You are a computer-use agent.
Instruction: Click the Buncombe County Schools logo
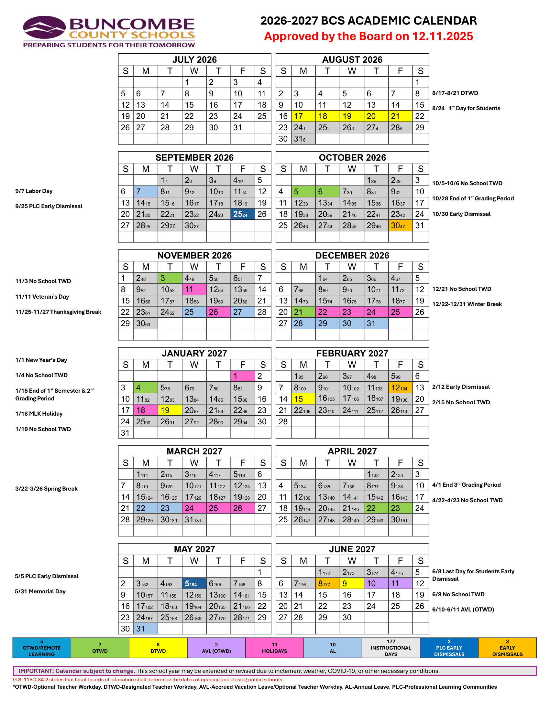pyautogui.click(x=109, y=32)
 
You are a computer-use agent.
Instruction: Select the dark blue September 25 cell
pyautogui.click(x=242, y=214)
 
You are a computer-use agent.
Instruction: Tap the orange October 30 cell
pyautogui.click(x=400, y=225)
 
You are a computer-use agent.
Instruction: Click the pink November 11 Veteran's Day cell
pyautogui.click(x=194, y=290)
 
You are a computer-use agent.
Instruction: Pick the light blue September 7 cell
pyautogui.click(x=145, y=191)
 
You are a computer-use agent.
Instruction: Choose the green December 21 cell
pyautogui.click(x=303, y=312)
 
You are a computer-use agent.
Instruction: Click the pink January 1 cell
pyautogui.click(x=242, y=376)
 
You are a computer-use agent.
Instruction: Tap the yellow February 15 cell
pyautogui.click(x=303, y=399)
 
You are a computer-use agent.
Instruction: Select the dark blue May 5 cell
pyautogui.click(x=194, y=584)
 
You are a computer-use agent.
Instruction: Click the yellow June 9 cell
pyautogui.click(x=352, y=584)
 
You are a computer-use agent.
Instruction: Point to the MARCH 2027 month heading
pyautogui.click(x=194, y=451)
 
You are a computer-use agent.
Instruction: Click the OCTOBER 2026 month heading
pyautogui.click(x=352, y=158)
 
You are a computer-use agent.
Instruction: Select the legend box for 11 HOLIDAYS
pyautogui.click(x=274, y=648)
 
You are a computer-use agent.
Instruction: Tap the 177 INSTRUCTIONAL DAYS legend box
pyautogui.click(x=391, y=648)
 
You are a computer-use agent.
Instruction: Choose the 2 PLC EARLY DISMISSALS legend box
pyautogui.click(x=449, y=648)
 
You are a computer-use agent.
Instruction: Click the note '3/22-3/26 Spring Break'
pyautogui.click(x=46, y=489)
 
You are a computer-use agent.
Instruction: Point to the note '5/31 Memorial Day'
pyautogui.click(x=40, y=591)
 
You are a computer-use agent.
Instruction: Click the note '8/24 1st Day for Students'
pyautogui.click(x=466, y=108)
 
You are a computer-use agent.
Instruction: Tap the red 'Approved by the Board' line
pyautogui.click(x=368, y=36)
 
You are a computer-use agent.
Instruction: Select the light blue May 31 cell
pyautogui.click(x=145, y=629)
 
